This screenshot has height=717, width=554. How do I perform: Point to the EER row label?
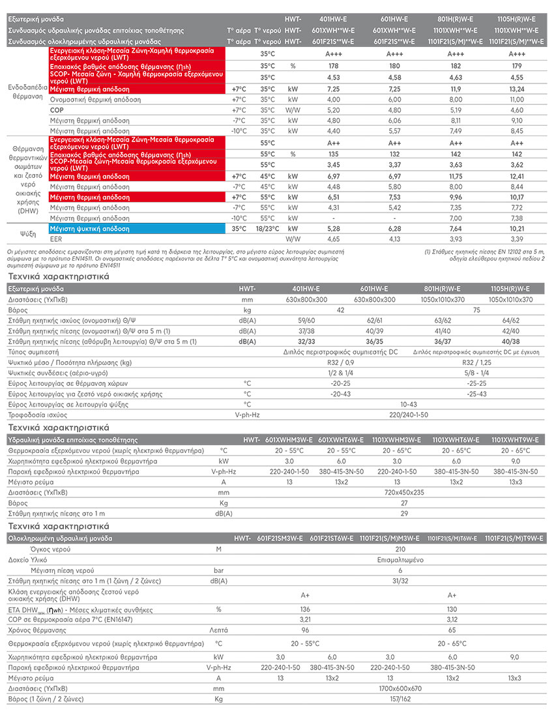click(x=55, y=240)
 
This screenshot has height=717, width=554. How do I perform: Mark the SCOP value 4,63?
click(x=456, y=78)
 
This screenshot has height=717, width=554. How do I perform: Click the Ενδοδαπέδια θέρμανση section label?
click(x=24, y=91)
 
